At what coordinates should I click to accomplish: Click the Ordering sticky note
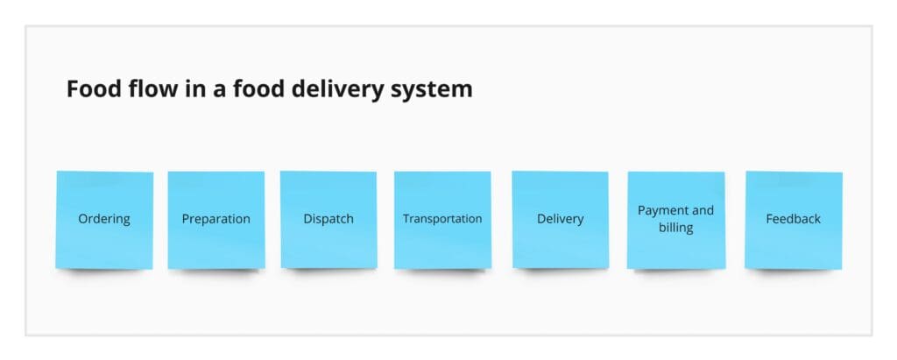pos(104,220)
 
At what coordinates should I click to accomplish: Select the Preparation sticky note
pos(216,220)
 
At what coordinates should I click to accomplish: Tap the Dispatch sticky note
pos(328,220)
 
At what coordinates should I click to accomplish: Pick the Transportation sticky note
pos(442,220)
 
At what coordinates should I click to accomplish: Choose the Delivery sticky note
pos(560,220)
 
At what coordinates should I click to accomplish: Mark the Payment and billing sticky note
pos(676,220)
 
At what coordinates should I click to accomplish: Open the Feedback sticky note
pos(794,220)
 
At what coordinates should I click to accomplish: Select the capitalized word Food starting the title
pos(95,88)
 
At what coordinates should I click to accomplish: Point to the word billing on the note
pos(676,227)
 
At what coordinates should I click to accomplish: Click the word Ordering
pos(104,219)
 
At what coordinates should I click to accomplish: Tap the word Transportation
pos(442,219)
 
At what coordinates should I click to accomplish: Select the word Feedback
pos(794,219)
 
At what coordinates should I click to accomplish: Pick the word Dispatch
pos(328,219)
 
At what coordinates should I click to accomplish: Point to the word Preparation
pos(216,219)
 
